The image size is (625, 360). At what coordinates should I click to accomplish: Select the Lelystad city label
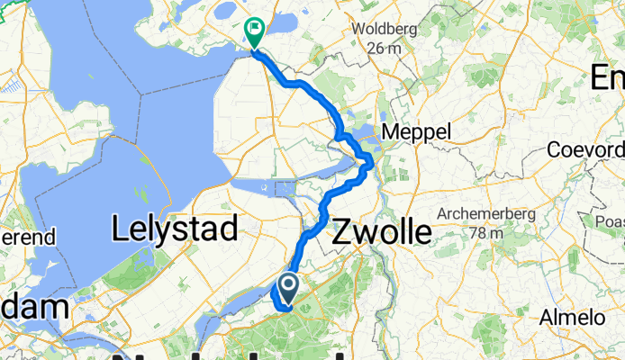point(175,229)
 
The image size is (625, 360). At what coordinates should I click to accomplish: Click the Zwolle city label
point(382,232)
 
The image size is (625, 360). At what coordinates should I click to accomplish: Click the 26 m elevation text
point(385,48)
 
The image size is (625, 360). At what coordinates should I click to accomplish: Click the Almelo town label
point(573,318)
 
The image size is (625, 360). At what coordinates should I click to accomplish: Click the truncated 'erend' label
point(29,238)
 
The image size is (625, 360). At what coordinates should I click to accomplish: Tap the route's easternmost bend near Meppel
point(370,162)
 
